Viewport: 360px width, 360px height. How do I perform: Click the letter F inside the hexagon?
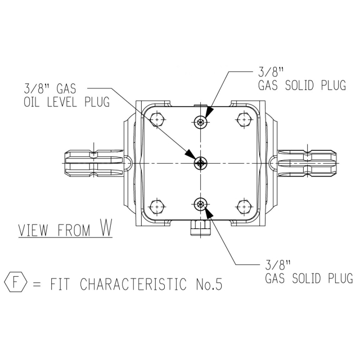point(15,282)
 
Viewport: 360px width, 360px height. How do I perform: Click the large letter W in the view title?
point(106,227)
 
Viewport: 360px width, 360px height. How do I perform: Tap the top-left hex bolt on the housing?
point(157,120)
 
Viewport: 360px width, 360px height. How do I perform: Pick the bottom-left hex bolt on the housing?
point(157,207)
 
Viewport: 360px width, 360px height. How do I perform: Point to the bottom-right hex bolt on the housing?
point(244,207)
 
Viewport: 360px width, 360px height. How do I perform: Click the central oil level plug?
point(201,164)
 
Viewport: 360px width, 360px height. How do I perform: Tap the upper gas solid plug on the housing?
point(201,122)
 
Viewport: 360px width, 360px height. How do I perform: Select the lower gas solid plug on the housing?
point(201,204)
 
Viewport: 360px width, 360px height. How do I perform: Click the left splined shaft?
point(94,164)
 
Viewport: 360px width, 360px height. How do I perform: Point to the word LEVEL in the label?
point(62,102)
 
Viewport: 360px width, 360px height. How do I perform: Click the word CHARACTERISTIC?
point(133,284)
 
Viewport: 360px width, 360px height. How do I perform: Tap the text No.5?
point(209,284)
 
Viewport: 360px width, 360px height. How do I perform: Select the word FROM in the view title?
point(74,230)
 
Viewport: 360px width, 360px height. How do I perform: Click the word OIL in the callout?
point(31,102)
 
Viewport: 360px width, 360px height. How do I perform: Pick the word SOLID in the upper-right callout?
point(299,85)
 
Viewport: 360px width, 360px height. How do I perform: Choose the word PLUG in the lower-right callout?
point(340,278)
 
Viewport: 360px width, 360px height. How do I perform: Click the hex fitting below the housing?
point(201,228)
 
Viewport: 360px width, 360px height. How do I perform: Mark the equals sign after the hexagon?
point(37,284)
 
